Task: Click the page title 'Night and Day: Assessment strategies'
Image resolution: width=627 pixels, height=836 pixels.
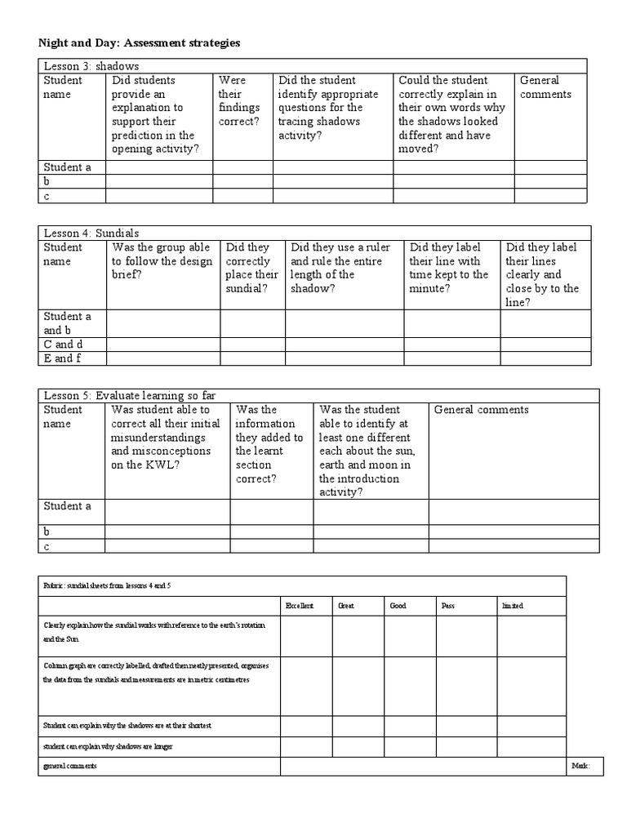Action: pos(140,42)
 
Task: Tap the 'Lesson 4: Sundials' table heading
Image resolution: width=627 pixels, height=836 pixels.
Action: pos(91,233)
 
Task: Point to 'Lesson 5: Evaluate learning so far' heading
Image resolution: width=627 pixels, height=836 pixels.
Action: pos(129,396)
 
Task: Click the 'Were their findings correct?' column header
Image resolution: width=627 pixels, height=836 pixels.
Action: pos(238,101)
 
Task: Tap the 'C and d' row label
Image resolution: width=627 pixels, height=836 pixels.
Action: pos(63,345)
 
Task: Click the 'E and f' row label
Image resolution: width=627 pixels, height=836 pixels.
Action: pos(62,358)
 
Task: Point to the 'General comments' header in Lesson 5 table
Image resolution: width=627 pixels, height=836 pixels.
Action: pos(481,410)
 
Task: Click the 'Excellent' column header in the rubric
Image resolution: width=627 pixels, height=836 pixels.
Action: pos(299,607)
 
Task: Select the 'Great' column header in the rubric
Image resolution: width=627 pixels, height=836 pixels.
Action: pos(346,607)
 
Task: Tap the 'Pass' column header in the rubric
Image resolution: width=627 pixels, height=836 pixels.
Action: pos(448,607)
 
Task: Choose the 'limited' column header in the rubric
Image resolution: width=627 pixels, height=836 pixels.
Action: pos(512,607)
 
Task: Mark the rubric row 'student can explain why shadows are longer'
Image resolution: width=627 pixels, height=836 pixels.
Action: pos(108,746)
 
